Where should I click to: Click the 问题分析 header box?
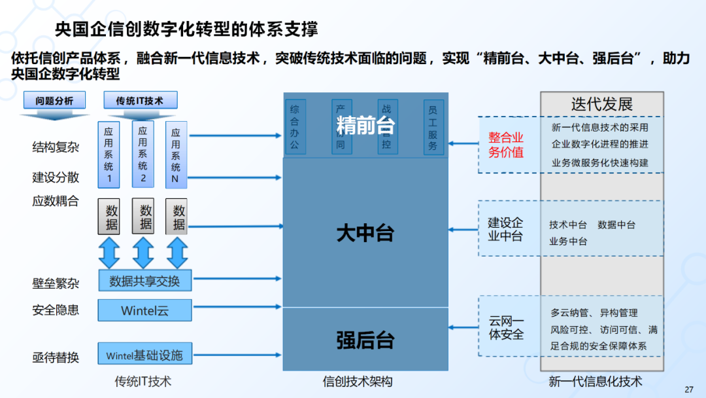point(54,101)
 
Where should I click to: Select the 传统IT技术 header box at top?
point(139,101)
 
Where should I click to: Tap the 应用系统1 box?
point(109,154)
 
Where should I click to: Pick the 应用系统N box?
point(176,154)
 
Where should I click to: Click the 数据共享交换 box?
point(144,281)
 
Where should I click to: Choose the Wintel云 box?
point(144,310)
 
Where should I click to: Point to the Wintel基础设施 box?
point(144,355)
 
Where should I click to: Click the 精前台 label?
point(365,125)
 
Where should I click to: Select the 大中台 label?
point(365,232)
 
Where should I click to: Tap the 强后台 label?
point(365,340)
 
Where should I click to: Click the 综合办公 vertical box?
point(294,126)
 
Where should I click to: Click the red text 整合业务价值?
point(506,145)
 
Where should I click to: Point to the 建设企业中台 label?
point(505,229)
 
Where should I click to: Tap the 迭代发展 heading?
point(601,104)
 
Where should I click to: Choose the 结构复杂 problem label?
point(56,147)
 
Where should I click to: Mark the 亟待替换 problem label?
point(56,357)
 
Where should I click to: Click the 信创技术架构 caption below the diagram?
point(358,381)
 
